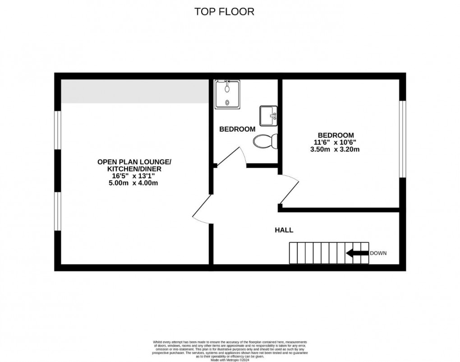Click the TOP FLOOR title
224,12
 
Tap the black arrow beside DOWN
357,253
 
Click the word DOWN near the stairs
378,253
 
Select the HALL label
284,230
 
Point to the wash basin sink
269,116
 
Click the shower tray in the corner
228,94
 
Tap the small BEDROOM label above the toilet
237,130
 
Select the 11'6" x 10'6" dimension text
336,142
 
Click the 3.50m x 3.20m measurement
336,149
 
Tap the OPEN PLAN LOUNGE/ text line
134,162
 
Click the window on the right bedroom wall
402,139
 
